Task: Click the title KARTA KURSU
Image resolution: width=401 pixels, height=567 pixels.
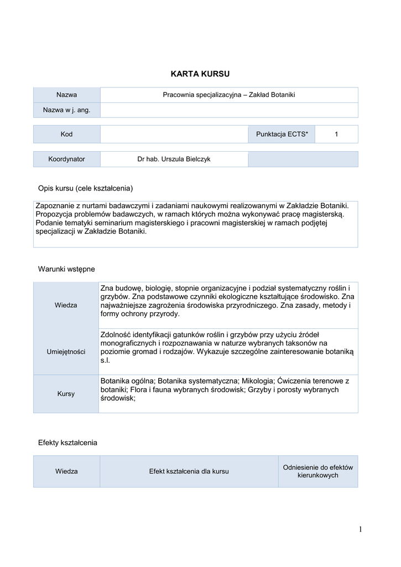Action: [x=200, y=74]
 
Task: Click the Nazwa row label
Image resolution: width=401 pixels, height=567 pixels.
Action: [x=66, y=95]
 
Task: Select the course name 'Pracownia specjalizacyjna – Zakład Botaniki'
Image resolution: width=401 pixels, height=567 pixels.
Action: [x=228, y=95]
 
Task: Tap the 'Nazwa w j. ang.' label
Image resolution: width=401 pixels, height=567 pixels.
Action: [x=66, y=110]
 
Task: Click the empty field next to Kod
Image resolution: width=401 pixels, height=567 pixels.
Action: [x=174, y=135]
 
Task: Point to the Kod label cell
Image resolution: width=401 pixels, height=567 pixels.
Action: [x=66, y=135]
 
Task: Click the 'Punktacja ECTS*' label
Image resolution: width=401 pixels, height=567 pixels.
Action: [x=282, y=135]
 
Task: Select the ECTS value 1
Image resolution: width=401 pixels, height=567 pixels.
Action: [x=336, y=135]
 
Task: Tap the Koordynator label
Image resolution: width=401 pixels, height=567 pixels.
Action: [x=66, y=159]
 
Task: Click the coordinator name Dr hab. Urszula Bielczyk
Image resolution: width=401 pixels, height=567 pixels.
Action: [x=174, y=159]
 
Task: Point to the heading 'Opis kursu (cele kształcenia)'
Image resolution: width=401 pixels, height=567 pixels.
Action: [x=85, y=188]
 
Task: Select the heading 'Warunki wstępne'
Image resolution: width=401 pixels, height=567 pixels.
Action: [x=66, y=269]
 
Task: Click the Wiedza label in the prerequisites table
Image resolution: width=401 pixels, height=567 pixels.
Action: [x=66, y=305]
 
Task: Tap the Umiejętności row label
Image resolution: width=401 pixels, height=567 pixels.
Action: [x=66, y=352]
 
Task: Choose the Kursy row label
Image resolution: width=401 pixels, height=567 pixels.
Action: [x=66, y=394]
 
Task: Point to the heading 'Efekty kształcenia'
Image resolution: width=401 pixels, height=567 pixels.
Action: [x=67, y=442]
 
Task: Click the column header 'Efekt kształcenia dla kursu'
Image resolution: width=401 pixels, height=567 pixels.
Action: [x=189, y=471]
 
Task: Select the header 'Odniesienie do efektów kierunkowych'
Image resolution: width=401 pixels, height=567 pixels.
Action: [x=317, y=471]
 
